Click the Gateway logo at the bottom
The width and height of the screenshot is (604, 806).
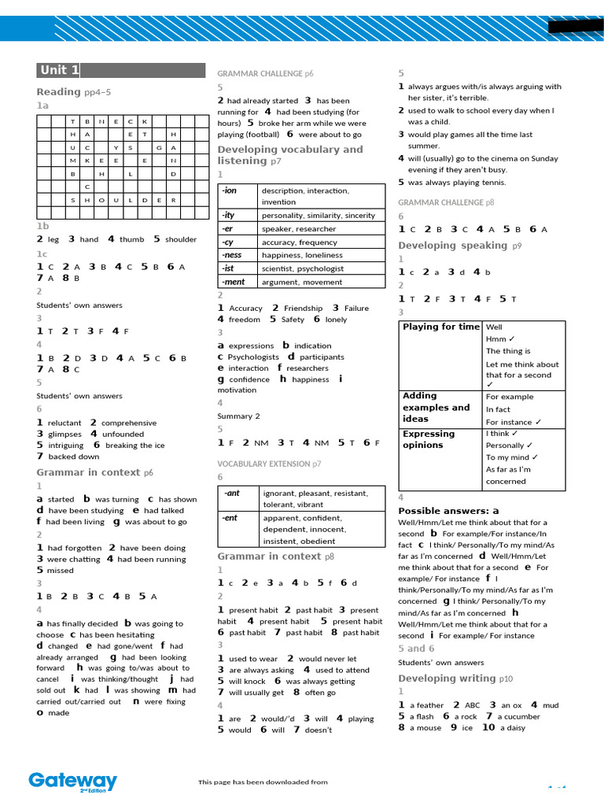click(72, 782)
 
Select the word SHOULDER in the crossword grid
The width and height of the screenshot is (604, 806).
click(123, 200)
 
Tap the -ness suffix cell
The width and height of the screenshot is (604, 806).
click(232, 255)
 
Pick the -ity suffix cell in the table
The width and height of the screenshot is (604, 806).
click(229, 215)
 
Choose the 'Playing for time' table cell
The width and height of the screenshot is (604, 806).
click(440, 327)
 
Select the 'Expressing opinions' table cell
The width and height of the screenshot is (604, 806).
click(429, 439)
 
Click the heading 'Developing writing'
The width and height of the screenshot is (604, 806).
click(447, 678)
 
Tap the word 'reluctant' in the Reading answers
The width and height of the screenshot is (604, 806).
click(64, 423)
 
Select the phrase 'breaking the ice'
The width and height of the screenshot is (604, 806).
click(135, 446)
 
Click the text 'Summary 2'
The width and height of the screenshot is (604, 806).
click(238, 416)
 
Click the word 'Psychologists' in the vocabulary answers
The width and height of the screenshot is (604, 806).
click(253, 357)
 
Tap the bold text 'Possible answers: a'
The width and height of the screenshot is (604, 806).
click(448, 511)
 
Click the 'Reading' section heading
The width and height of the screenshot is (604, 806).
click(58, 92)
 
